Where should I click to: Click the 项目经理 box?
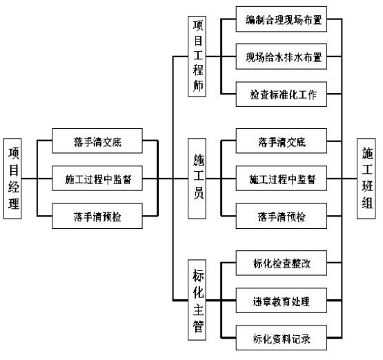click(x=12, y=179)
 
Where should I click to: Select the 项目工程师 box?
click(x=197, y=57)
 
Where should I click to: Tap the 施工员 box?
click(x=197, y=179)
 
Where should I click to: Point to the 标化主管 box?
click(x=197, y=300)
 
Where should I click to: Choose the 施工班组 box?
click(x=366, y=179)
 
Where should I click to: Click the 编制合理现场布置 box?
click(x=282, y=19)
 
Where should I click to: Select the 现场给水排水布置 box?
click(x=282, y=57)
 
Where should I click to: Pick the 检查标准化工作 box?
click(x=282, y=94)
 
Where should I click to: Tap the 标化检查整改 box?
click(x=282, y=263)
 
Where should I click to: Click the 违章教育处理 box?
click(x=282, y=301)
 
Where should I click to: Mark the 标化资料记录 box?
click(x=282, y=338)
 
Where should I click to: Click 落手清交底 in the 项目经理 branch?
click(x=97, y=141)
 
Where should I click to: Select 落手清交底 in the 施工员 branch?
click(x=282, y=141)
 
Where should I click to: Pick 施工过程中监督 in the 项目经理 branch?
click(x=97, y=179)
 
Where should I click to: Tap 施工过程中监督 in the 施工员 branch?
click(x=282, y=179)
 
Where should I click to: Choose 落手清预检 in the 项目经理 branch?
click(x=97, y=216)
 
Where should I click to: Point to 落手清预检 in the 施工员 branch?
click(x=282, y=216)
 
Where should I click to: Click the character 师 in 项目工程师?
click(x=198, y=86)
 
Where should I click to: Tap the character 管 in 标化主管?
click(x=198, y=327)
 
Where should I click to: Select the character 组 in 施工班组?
click(x=367, y=202)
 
